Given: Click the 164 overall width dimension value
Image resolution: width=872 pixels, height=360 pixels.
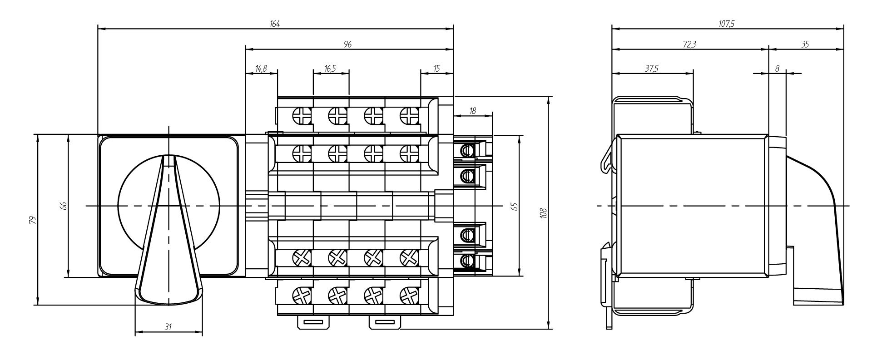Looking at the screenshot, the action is (274, 25).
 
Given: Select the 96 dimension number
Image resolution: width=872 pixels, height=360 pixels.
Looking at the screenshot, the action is (348, 44).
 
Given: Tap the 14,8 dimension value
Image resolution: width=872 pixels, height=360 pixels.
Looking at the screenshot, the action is (261, 69).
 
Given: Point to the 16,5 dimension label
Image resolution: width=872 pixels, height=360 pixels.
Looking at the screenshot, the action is (330, 69).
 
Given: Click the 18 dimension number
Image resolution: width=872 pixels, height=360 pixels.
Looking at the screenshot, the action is (473, 111).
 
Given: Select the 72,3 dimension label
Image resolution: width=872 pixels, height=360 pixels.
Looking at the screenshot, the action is (689, 44).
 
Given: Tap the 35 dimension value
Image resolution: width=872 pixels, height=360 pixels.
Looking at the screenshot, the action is (805, 44).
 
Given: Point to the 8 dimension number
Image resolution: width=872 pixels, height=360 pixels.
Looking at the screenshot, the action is (777, 69).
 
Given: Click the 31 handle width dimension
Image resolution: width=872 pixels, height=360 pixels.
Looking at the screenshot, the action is (168, 327).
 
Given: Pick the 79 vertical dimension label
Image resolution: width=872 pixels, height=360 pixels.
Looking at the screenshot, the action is (32, 220).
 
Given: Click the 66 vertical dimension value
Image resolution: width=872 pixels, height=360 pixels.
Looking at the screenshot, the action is (64, 206).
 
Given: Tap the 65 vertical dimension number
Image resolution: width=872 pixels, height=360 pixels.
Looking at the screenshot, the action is (514, 206).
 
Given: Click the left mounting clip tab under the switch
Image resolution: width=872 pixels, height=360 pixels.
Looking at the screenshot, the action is (313, 322).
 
